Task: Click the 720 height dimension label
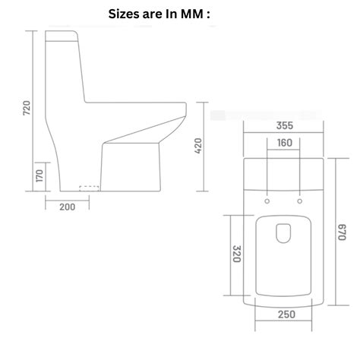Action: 27,107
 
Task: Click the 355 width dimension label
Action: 285,125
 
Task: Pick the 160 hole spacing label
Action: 285,143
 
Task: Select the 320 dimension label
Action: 235,253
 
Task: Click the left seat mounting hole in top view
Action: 268,201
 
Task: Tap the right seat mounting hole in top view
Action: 301,201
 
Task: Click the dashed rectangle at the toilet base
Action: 90,186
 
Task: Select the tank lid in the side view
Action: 63,36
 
